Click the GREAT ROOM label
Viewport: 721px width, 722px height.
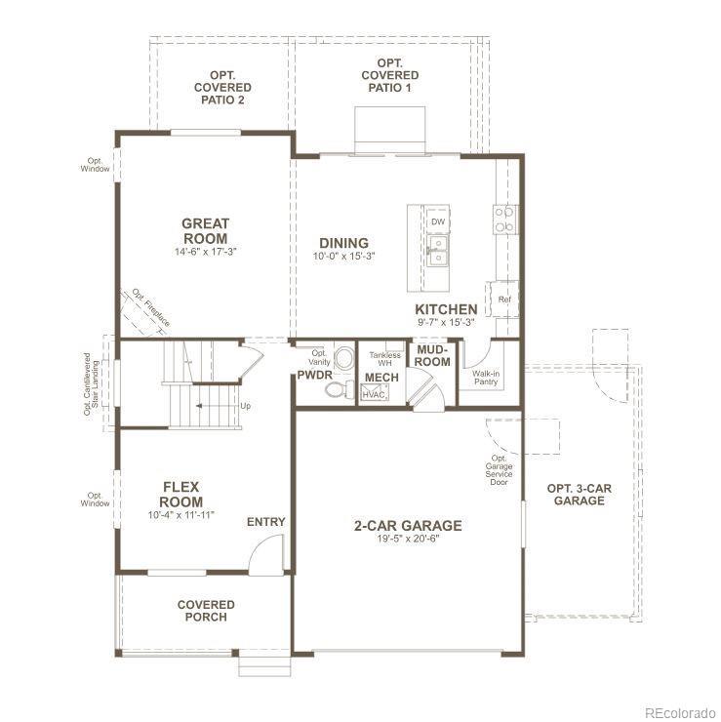[x=205, y=231]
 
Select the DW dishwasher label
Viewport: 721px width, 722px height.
[x=438, y=221]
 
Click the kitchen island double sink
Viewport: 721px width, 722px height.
[x=438, y=251]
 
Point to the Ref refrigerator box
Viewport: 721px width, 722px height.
[x=504, y=299]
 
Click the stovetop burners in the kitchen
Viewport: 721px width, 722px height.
[x=504, y=220]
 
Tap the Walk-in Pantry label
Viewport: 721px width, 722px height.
[x=486, y=378]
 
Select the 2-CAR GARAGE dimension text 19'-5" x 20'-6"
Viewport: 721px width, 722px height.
[x=409, y=539]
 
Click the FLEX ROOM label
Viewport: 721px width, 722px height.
[x=180, y=494]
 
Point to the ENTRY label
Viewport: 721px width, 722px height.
[x=266, y=522]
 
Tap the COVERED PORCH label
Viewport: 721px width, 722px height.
[x=206, y=611]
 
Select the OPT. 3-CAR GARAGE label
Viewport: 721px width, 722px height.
[x=580, y=495]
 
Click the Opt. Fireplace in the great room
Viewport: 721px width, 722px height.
[x=143, y=311]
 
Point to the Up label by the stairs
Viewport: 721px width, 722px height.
[x=246, y=406]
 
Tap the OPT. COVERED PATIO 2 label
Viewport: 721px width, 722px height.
[x=222, y=88]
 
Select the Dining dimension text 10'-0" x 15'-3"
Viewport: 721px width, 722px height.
[x=344, y=257]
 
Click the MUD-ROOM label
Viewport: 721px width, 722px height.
[x=433, y=356]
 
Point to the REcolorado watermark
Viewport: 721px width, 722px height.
[x=680, y=712]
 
